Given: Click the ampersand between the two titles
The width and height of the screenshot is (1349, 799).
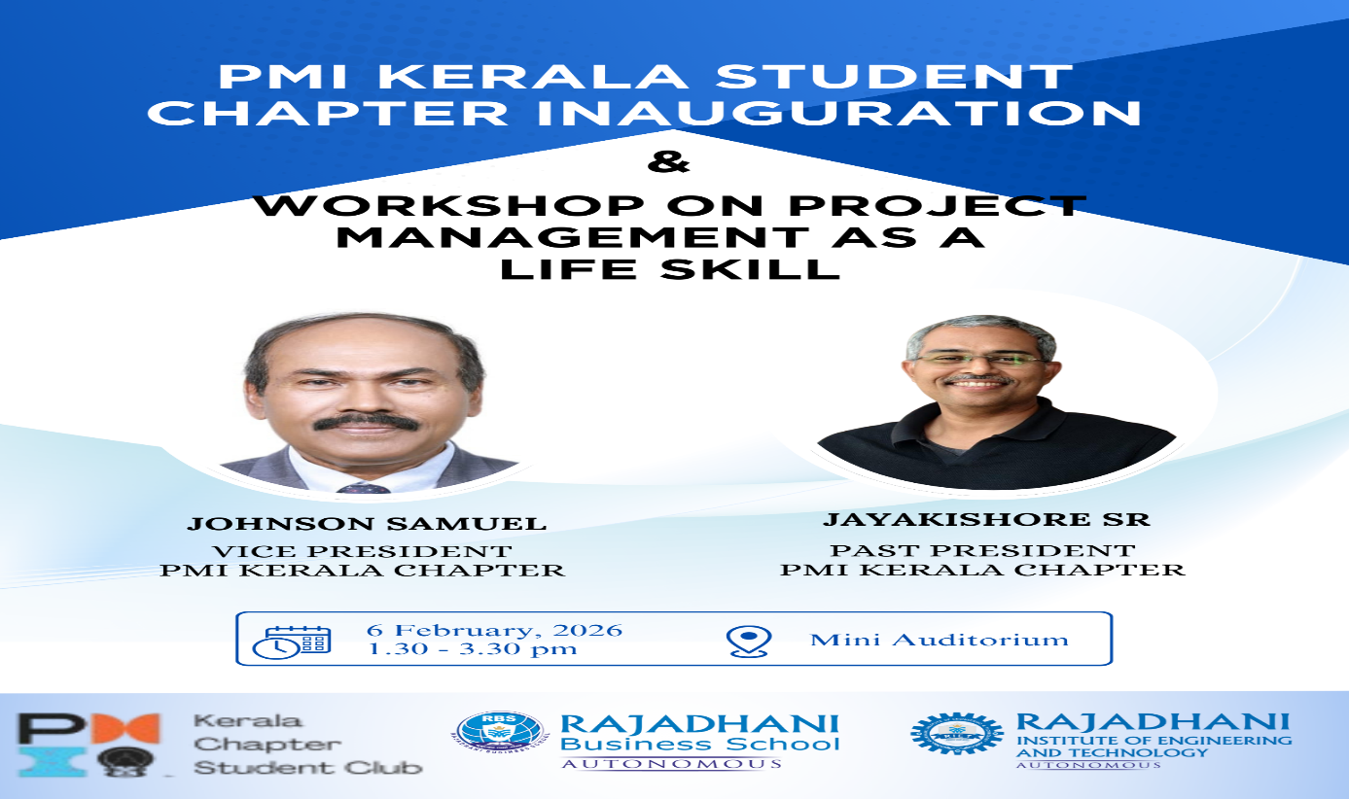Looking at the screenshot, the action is tap(668, 162).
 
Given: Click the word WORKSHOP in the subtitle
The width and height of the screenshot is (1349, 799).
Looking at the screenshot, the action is tap(448, 206).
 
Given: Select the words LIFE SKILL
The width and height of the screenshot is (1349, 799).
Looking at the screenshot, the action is tap(670, 268).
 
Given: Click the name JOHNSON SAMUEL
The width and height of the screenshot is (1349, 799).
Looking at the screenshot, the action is tap(367, 524).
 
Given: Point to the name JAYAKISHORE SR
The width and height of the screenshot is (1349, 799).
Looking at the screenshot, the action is tap(986, 519).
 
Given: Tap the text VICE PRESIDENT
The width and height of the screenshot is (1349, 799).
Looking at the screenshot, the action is tap(362, 550).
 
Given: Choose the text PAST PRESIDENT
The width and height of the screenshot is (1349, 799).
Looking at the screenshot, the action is tap(983, 550).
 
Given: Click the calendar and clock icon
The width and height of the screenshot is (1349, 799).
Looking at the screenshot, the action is tap(292, 642).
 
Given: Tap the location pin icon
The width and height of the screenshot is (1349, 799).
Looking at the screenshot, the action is tap(749, 641).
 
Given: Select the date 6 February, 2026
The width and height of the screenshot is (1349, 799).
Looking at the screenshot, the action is tap(494, 630).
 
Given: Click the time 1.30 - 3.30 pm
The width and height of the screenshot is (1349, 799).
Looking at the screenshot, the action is tap(472, 648).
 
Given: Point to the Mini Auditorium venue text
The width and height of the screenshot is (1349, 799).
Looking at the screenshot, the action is tap(940, 639).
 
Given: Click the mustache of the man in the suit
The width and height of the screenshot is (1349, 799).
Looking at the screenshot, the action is tap(366, 422).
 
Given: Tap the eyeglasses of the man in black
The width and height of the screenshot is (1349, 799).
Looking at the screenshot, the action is tap(980, 360).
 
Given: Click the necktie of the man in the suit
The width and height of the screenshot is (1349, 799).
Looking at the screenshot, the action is tap(365, 488).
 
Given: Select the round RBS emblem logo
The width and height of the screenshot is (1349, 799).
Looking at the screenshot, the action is tap(499, 732).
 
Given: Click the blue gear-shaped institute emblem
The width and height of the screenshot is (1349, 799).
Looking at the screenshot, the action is tap(957, 734).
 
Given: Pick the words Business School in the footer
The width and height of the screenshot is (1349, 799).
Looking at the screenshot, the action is tap(700, 744).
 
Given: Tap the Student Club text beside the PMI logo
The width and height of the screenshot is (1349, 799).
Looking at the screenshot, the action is tap(307, 767).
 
